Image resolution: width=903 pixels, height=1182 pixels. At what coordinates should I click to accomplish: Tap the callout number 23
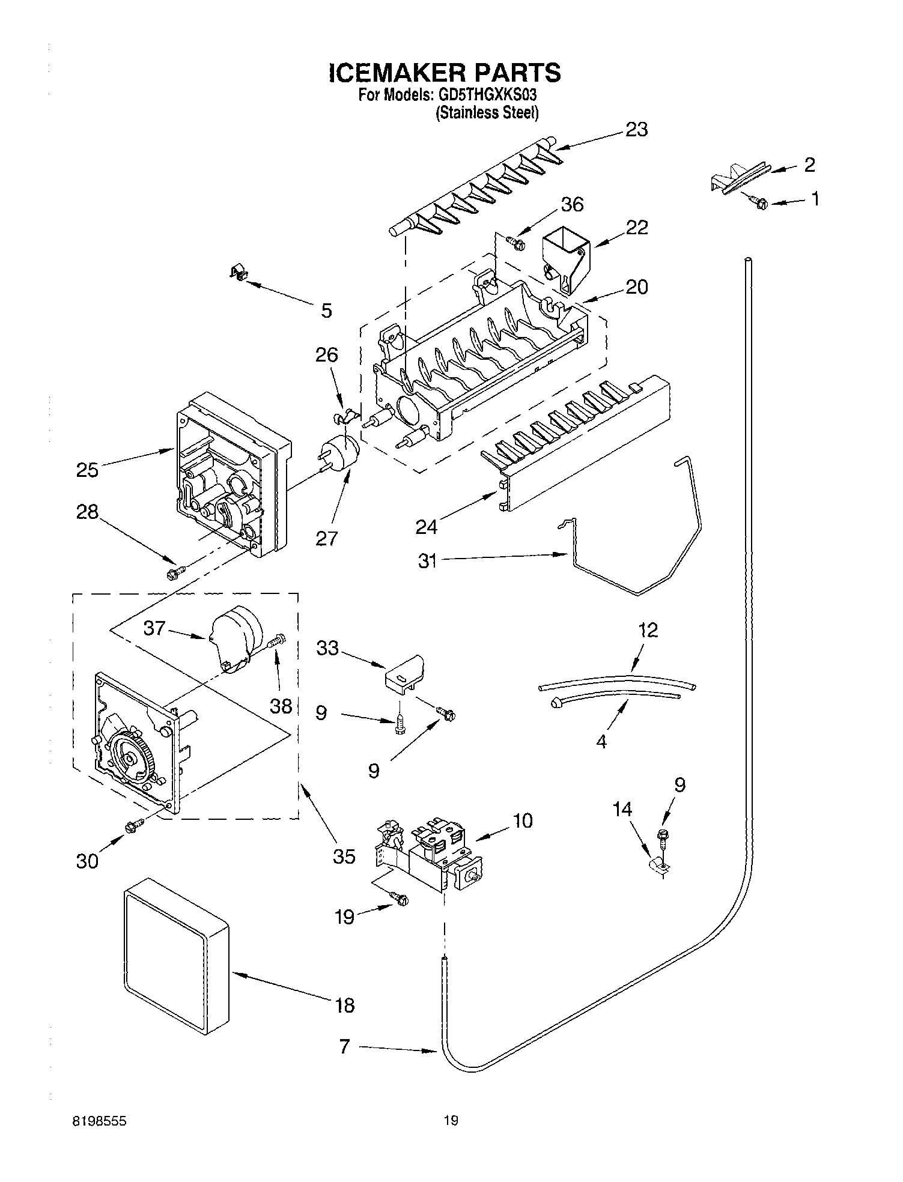click(636, 129)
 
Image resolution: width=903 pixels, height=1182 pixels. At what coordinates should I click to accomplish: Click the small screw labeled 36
click(515, 243)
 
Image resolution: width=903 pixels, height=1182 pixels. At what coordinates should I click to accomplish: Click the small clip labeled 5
click(239, 274)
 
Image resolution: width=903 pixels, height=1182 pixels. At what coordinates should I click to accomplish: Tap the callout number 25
click(87, 470)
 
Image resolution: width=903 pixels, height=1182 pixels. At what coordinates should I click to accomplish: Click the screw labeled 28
click(174, 572)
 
